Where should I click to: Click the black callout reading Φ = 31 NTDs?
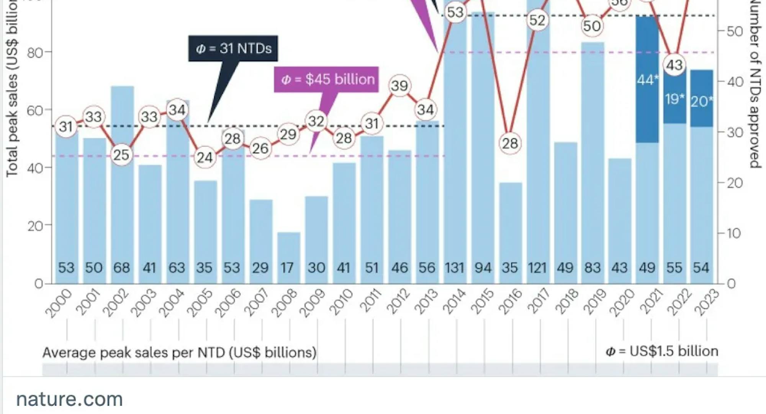233,49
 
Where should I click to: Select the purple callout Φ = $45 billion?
326,80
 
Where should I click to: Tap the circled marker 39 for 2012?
399,86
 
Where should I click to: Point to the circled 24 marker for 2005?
205,157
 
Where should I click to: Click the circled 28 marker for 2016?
510,143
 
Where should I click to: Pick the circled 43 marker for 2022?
674,65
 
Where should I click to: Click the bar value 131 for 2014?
455,268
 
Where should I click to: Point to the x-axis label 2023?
706,302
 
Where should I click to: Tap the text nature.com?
69,399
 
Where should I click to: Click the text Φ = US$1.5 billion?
661,351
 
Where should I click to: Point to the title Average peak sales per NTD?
179,352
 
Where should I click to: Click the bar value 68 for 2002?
121,268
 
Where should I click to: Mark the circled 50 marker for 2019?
592,26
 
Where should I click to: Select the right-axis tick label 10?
733,233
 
